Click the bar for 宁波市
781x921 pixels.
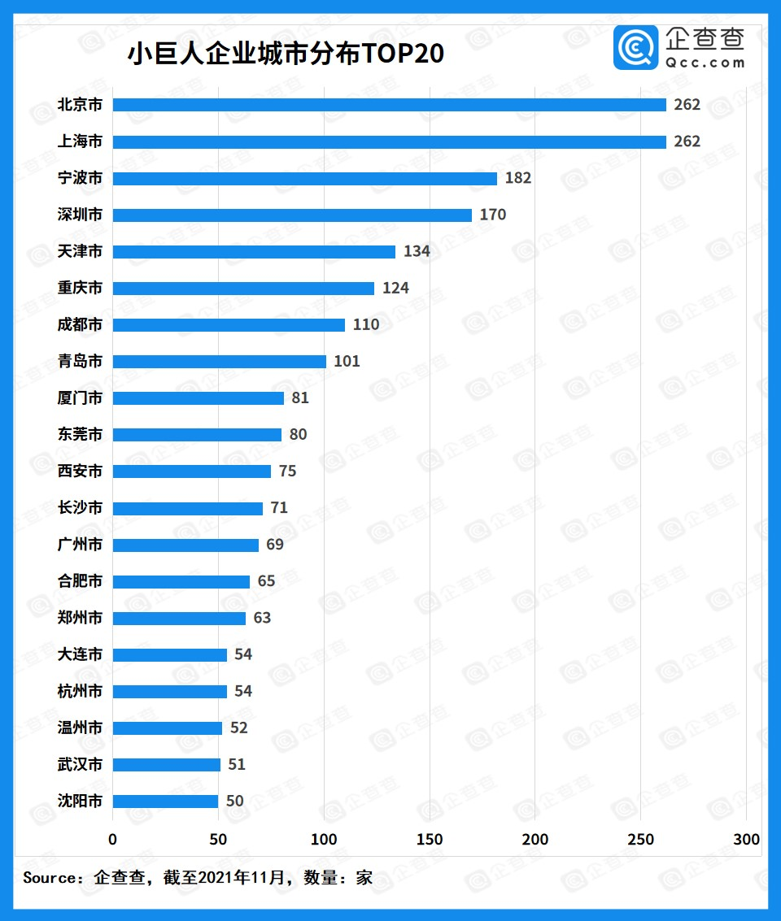(x=304, y=178)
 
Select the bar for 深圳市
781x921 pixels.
(x=292, y=215)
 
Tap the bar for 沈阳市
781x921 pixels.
(x=165, y=801)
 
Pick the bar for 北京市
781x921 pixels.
(x=389, y=105)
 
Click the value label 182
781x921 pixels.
(x=518, y=178)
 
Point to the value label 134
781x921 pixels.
(x=417, y=251)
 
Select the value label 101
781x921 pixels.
(x=347, y=361)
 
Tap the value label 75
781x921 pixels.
(x=287, y=471)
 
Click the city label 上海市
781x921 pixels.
(x=80, y=141)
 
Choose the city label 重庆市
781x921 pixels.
(x=80, y=288)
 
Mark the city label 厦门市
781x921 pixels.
(x=80, y=398)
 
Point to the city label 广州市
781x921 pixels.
(x=80, y=545)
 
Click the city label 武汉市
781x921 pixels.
(x=80, y=764)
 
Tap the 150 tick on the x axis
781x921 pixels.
(x=430, y=839)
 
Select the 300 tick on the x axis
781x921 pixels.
(x=746, y=839)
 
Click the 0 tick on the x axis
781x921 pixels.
(x=112, y=839)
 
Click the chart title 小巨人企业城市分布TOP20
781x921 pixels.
(x=286, y=54)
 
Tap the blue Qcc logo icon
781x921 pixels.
(x=635, y=47)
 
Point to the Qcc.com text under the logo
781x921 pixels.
(x=705, y=63)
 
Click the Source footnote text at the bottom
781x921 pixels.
(x=198, y=878)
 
